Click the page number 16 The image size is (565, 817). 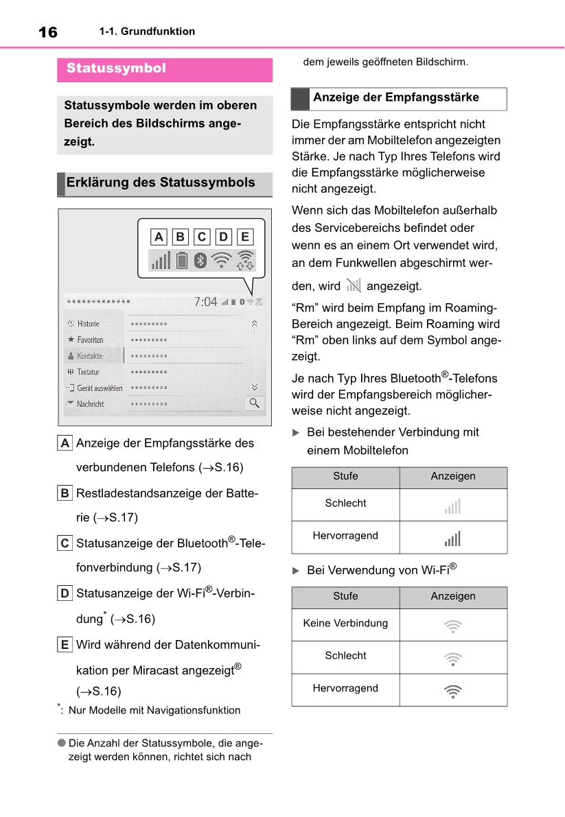(x=48, y=32)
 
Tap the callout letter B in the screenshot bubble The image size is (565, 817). (x=181, y=237)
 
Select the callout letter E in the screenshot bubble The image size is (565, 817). (x=245, y=237)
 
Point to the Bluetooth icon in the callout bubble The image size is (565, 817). (x=200, y=261)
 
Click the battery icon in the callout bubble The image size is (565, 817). (x=181, y=261)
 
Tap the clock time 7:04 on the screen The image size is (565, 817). (x=205, y=302)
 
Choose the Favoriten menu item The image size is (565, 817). (x=90, y=340)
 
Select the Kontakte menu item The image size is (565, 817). (x=89, y=356)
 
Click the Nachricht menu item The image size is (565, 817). (x=90, y=404)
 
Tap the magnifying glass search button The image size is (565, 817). (x=254, y=403)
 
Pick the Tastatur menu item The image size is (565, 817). (x=88, y=372)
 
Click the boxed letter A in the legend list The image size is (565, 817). (x=65, y=443)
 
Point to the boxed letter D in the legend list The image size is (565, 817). (x=65, y=593)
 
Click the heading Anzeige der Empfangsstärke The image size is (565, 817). (x=396, y=97)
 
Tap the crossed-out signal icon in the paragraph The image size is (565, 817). (x=354, y=285)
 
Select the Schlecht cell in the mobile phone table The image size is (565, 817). (x=345, y=504)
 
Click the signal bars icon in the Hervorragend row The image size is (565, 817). (x=452, y=538)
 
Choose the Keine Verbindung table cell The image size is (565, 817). (x=345, y=624)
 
